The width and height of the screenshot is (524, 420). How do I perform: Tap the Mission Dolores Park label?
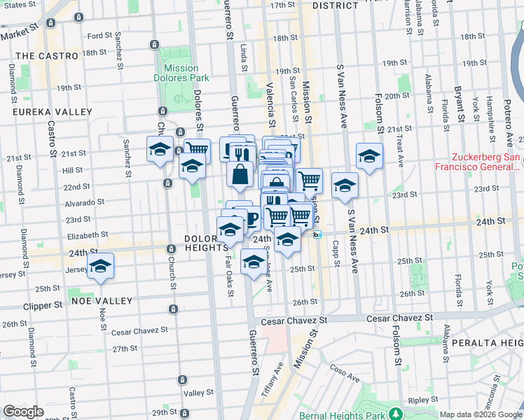click(x=181, y=73)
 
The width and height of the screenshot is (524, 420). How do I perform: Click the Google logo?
click(x=23, y=412)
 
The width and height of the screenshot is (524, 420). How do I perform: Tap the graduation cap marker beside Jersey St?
click(x=101, y=266)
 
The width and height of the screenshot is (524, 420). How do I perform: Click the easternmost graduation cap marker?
click(x=368, y=156)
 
